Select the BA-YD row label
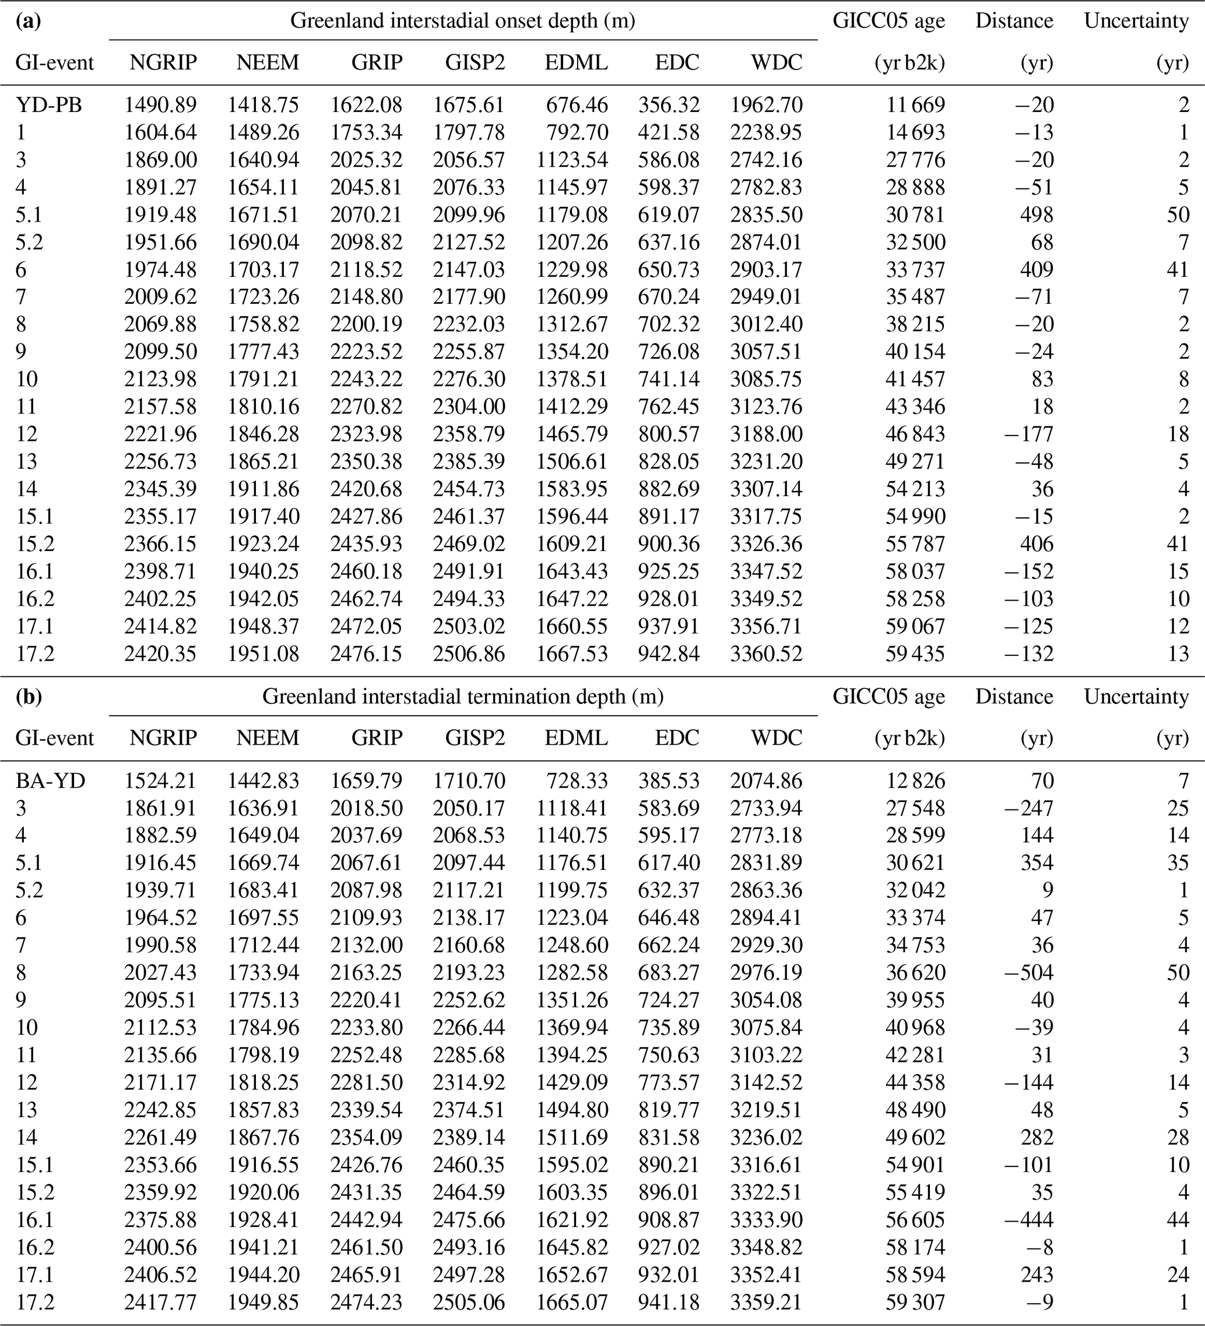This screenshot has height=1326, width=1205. [x=50, y=781]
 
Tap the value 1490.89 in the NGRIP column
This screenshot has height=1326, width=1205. [x=160, y=104]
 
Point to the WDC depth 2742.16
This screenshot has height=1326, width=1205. [x=765, y=160]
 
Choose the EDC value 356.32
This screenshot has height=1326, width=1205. [x=668, y=104]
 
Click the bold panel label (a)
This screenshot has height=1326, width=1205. [x=29, y=21]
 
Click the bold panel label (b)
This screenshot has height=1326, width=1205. [x=29, y=697]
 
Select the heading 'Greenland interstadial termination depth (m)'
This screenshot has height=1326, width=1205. [x=462, y=697]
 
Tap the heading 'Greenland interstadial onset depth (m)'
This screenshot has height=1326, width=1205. [x=462, y=21]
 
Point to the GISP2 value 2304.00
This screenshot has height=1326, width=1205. [x=468, y=406]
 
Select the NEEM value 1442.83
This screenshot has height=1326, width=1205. [x=263, y=781]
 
